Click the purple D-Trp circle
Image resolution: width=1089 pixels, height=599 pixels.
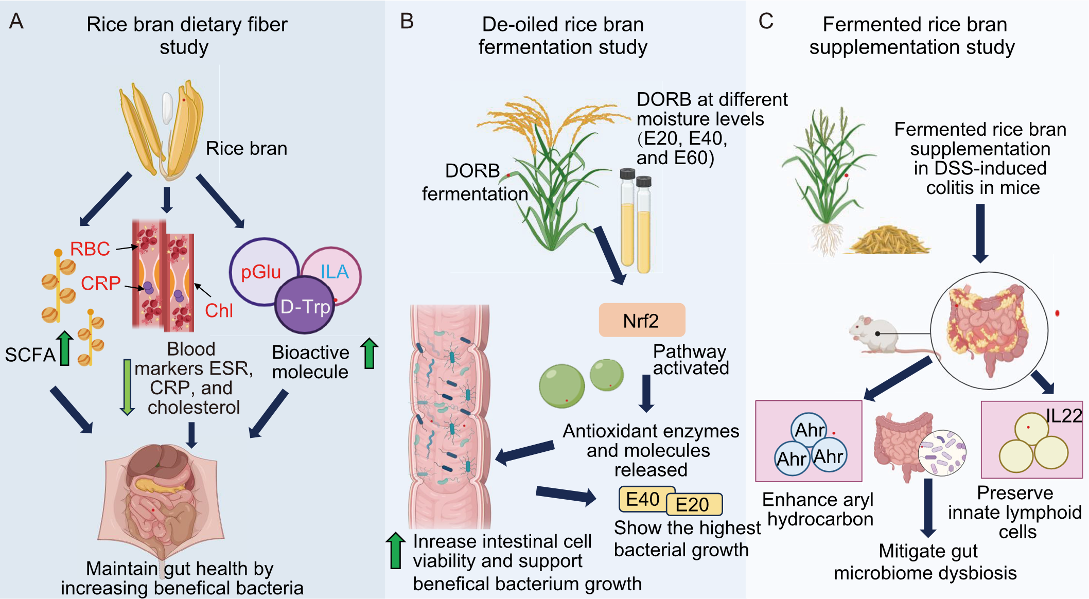305,306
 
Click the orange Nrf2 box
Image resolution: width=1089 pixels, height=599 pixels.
641,320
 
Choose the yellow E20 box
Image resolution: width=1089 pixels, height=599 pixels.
694,504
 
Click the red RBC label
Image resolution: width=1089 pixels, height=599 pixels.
90,249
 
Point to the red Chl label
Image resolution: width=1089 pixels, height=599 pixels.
219,310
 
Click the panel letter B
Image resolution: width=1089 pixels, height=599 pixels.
407,22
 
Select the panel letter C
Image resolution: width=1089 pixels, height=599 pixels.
766,22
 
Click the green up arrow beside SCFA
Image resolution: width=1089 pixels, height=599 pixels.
64,348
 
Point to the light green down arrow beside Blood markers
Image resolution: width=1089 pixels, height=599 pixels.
127,386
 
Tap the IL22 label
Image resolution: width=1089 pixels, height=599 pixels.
1064,416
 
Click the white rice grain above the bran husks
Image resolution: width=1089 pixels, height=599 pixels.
167,108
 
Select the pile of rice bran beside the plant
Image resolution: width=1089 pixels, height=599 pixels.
888,240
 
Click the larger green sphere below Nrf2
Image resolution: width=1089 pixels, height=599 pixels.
561,386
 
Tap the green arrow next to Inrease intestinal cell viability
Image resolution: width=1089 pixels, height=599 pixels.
395,551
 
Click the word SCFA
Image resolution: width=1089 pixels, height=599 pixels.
30,355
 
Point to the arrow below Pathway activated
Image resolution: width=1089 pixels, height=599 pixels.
646,393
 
